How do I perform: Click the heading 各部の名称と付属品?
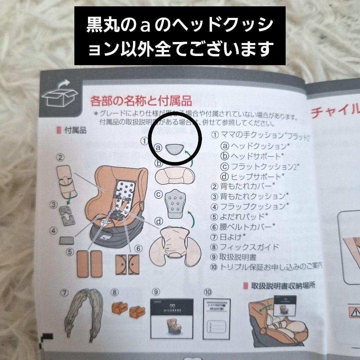[141, 100]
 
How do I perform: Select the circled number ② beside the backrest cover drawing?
[61, 157]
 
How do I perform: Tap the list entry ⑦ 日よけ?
[229, 237]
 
